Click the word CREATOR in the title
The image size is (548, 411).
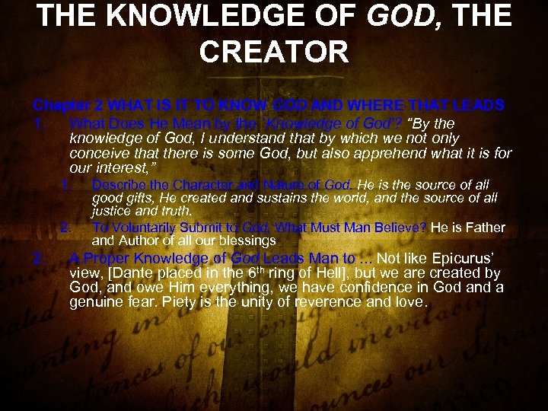tap(273, 51)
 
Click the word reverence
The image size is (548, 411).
tap(348, 301)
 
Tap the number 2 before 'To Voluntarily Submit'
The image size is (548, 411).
tap(65, 227)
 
